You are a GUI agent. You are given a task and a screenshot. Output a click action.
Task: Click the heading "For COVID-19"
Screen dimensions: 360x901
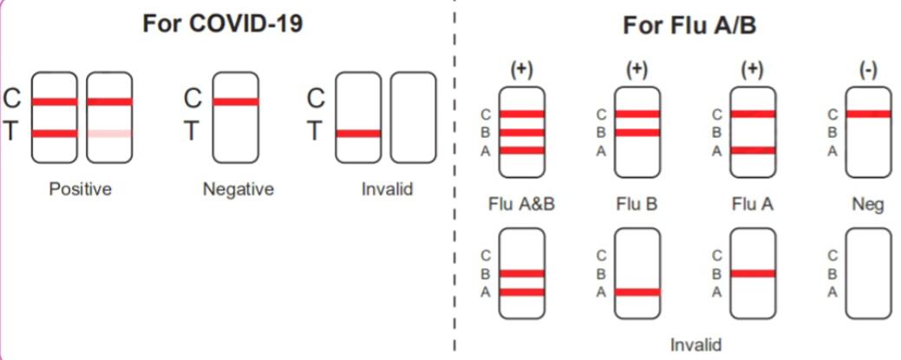point(223,24)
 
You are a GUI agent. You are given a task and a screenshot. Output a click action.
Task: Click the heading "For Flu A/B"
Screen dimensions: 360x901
point(689,26)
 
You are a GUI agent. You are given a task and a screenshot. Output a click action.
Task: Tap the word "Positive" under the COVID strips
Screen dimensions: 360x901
point(81,188)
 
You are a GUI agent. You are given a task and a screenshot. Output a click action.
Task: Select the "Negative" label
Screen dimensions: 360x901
point(238,188)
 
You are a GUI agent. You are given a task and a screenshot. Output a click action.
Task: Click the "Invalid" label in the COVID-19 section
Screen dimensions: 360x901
point(387,188)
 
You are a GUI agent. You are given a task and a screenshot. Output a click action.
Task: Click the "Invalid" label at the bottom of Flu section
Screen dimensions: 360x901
point(695,344)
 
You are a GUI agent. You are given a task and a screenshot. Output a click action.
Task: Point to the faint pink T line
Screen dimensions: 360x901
point(109,134)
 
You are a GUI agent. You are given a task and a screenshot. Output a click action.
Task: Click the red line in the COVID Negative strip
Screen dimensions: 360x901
point(235,101)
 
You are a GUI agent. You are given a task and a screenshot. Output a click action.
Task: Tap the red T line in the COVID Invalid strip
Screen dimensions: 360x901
point(358,134)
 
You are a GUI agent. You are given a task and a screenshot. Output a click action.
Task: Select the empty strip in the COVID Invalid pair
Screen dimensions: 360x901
point(413,117)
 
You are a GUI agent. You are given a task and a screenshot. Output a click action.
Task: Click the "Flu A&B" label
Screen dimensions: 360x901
point(521,206)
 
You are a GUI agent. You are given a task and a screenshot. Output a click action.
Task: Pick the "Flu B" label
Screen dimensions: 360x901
point(637,206)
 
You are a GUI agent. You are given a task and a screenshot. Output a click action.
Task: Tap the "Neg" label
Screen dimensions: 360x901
point(868,206)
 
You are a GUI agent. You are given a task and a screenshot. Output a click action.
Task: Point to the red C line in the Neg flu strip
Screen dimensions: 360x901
point(868,114)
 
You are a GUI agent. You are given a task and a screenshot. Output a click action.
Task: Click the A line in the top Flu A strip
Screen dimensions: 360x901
point(753,150)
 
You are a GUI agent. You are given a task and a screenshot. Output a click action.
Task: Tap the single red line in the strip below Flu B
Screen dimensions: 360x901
point(637,291)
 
